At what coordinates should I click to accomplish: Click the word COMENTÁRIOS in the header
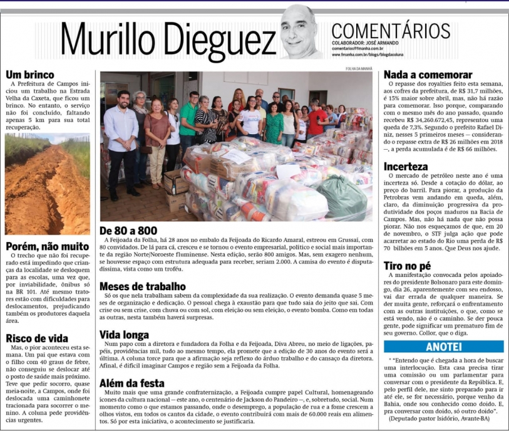click(x=391, y=29)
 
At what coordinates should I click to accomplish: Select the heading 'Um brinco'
click(x=26, y=74)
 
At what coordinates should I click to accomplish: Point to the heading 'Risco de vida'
click(x=37, y=338)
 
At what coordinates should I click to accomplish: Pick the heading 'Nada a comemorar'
click(x=428, y=75)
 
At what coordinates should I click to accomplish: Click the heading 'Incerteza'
click(x=406, y=167)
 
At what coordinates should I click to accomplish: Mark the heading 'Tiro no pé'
click(x=407, y=266)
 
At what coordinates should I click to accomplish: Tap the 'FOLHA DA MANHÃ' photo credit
click(x=359, y=68)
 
